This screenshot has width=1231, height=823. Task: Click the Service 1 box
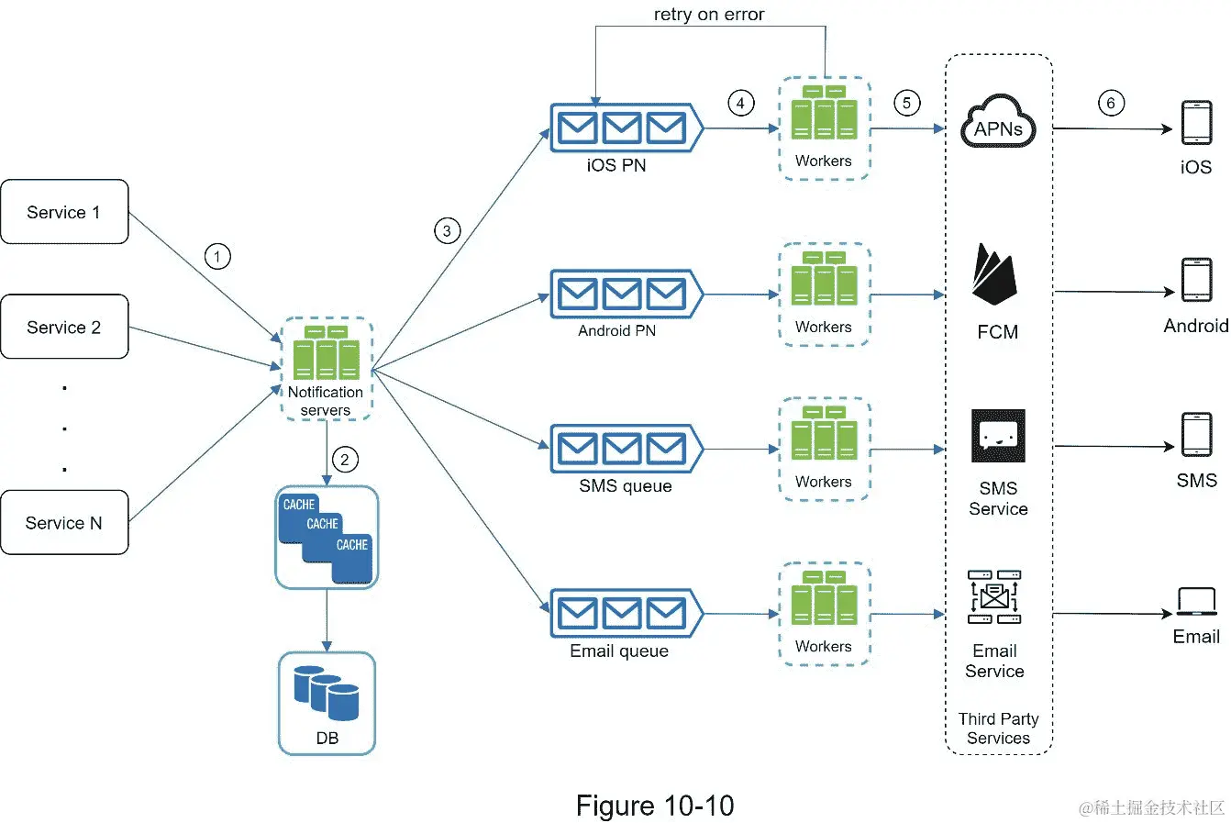coord(64,212)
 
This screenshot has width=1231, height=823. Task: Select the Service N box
coord(64,523)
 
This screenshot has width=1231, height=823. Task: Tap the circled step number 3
coord(447,230)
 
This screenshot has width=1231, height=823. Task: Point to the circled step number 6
coord(1111,103)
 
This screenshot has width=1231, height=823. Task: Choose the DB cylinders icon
coord(327,693)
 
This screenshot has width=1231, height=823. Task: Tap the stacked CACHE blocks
coord(327,537)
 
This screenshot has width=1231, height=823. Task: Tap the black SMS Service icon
coord(998,437)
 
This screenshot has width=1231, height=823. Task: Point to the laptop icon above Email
coord(1196,602)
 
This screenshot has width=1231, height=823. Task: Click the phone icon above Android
coord(1196,281)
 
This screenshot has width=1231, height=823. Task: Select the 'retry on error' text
coord(709,15)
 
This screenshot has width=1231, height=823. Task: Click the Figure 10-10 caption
coord(655,806)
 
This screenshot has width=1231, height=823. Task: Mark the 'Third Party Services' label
coord(998,728)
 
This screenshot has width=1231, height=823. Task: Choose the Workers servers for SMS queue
coord(824,439)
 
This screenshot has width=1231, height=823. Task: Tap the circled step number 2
coord(345,460)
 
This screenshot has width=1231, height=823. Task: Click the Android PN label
coord(616,331)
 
